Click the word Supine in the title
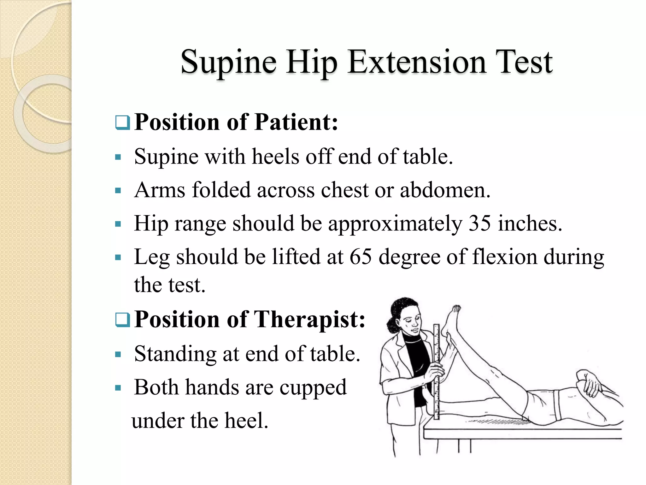(x=228, y=62)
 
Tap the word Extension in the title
(x=417, y=62)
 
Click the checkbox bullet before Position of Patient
(x=122, y=123)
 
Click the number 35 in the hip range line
(x=479, y=223)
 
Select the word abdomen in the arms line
(x=445, y=190)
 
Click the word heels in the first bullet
(x=275, y=157)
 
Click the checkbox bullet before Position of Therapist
(x=122, y=320)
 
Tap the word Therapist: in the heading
(x=309, y=319)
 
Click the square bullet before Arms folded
(x=118, y=190)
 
